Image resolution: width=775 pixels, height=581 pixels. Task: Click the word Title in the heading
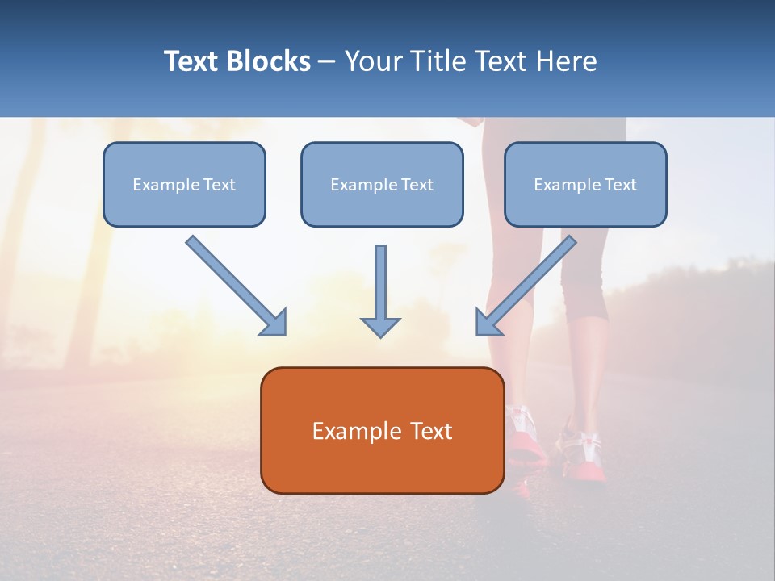[x=437, y=61]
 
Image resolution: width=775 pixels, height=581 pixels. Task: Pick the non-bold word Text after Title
[x=501, y=61]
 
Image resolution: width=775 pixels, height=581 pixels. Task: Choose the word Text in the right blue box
[x=621, y=185]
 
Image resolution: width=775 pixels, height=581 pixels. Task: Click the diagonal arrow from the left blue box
[x=236, y=285]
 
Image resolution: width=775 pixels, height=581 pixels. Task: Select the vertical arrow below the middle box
[x=380, y=290]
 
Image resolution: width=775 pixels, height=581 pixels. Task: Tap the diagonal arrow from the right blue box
[x=526, y=285]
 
